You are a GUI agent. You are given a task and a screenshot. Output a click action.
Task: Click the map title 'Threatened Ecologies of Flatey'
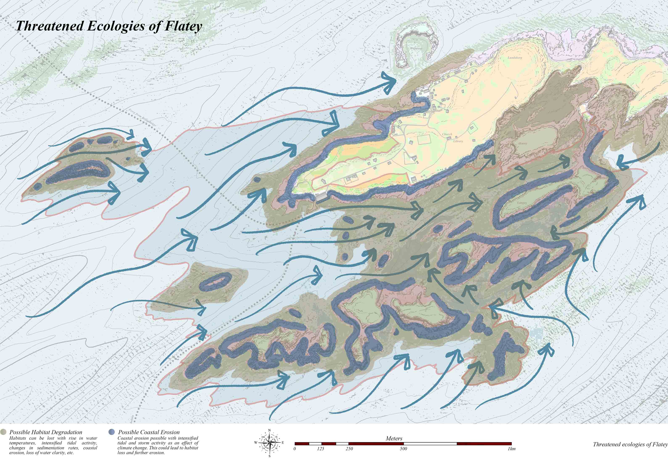[x=108, y=26]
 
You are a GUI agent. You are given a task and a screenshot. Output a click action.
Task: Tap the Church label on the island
[x=447, y=134]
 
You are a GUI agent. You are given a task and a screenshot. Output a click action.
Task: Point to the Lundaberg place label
[x=515, y=58]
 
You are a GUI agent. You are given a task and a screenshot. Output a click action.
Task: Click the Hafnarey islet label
[x=416, y=48]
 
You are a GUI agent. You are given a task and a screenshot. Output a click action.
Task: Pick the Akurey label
[x=522, y=143]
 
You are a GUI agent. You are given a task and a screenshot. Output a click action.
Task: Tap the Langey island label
[x=522, y=203]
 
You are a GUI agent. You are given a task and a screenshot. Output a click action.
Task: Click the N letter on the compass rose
[x=269, y=430]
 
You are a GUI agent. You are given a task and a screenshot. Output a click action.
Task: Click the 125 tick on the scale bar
[x=320, y=449]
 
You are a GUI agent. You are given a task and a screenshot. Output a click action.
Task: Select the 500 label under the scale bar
[x=403, y=449]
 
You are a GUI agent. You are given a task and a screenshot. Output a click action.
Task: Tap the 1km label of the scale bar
[x=511, y=449]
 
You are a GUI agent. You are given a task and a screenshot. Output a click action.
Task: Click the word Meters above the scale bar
[x=394, y=439]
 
